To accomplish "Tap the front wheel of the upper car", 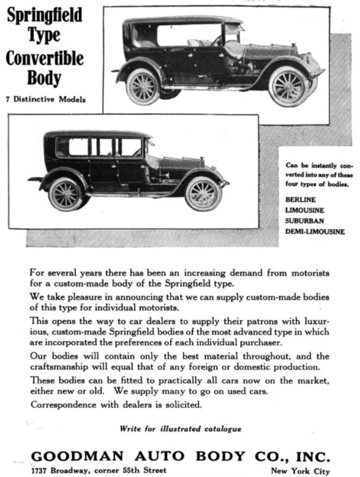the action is pyautogui.click(x=288, y=86).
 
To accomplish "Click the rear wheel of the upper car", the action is pyautogui.click(x=143, y=86).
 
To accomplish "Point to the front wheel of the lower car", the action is pyautogui.click(x=203, y=193).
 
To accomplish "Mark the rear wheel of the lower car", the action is pyautogui.click(x=66, y=194).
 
